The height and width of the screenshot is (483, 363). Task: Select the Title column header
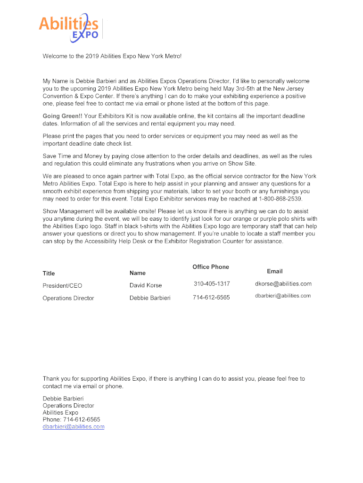49,274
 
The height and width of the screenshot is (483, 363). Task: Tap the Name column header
138,273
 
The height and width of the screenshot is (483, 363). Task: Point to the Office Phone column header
211,267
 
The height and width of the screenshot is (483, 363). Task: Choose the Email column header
275,271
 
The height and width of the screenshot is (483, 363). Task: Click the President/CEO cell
62,285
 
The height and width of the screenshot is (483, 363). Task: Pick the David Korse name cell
146,285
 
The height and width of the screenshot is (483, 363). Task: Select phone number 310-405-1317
212,284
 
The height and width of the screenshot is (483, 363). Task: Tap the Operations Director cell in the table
68,298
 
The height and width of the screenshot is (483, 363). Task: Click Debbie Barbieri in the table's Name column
150,298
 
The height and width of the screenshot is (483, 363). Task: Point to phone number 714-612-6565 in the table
211,298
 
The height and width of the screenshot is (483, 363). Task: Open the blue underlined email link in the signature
74,427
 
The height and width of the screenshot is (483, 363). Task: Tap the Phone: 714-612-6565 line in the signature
71,419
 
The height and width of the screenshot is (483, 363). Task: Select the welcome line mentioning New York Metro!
112,56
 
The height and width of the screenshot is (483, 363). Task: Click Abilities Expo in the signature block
60,412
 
